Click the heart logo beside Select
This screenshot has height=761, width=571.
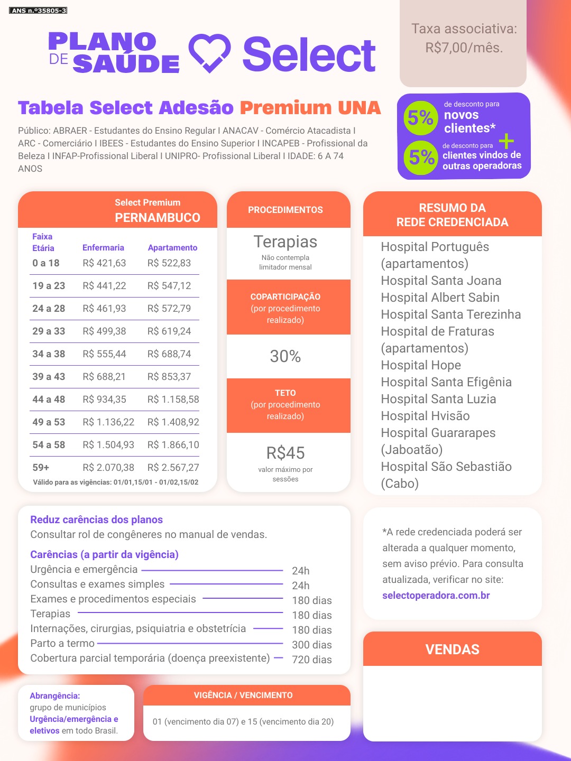(210, 53)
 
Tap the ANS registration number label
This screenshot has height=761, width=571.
(38, 11)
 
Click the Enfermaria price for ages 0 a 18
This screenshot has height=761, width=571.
(104, 263)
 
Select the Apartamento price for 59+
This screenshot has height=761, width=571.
(173, 468)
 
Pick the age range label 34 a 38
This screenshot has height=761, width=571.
(49, 354)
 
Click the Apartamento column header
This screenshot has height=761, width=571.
(172, 248)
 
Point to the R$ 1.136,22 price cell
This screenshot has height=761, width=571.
(108, 422)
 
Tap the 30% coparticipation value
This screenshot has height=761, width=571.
(285, 357)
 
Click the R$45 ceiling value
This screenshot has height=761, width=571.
(285, 453)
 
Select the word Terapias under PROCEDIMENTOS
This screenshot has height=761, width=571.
(285, 242)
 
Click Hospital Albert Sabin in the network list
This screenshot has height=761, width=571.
(440, 298)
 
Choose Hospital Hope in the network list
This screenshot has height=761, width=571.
(421, 365)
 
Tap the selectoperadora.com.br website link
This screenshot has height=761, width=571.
(436, 596)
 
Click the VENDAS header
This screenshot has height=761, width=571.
(453, 649)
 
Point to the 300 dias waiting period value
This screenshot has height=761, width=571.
(312, 645)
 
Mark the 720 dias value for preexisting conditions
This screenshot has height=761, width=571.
(312, 660)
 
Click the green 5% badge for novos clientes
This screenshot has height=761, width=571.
(420, 117)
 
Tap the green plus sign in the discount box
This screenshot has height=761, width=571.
(506, 141)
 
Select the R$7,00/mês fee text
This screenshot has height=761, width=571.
(464, 48)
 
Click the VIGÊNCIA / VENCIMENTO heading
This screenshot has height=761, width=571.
(243, 695)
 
